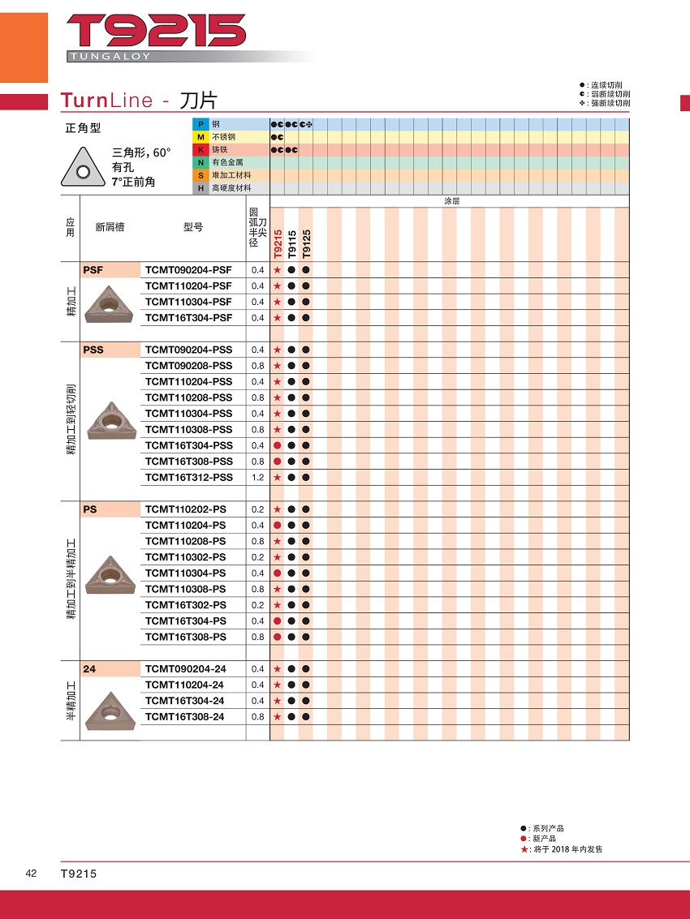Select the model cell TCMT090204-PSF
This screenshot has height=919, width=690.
(x=188, y=270)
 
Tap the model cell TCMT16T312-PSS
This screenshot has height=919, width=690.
(x=188, y=478)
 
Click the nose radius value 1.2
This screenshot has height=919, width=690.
(x=257, y=478)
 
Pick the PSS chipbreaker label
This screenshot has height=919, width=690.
(x=93, y=350)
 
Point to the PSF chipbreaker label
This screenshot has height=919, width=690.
(x=93, y=270)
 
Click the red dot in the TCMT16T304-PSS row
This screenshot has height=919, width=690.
(x=277, y=445)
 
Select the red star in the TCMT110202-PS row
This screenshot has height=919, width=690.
(x=277, y=509)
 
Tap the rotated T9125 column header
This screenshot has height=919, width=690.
(x=306, y=243)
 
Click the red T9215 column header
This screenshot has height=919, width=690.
(x=277, y=243)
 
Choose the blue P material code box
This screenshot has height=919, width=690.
(x=199, y=124)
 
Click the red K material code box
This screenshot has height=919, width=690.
(x=199, y=150)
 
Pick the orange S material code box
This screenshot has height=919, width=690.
(x=199, y=175)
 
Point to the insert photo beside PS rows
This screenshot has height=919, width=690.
(x=109, y=575)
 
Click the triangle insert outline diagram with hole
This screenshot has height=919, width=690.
(x=82, y=169)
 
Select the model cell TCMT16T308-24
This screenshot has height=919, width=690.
(x=185, y=717)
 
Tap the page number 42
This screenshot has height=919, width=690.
(x=31, y=874)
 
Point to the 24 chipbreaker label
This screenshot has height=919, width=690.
(x=88, y=669)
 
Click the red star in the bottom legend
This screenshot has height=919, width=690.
(x=524, y=849)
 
